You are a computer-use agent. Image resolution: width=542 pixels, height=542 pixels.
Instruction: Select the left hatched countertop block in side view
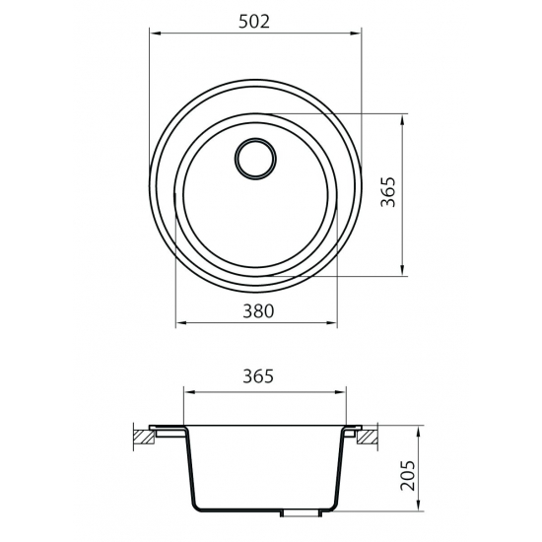[145, 435]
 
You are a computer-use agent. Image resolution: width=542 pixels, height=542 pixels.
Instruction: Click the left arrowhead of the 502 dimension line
[153, 31]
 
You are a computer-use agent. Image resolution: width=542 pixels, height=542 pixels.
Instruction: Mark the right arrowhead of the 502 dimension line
[357, 31]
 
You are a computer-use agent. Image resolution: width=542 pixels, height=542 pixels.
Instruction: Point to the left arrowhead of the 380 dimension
[178, 323]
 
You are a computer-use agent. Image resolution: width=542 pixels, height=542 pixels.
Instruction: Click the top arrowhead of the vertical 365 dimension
[403, 118]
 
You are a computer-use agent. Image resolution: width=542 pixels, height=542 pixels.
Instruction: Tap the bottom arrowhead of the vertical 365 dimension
[403, 272]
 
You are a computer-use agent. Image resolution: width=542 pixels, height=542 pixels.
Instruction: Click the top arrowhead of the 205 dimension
[425, 431]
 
